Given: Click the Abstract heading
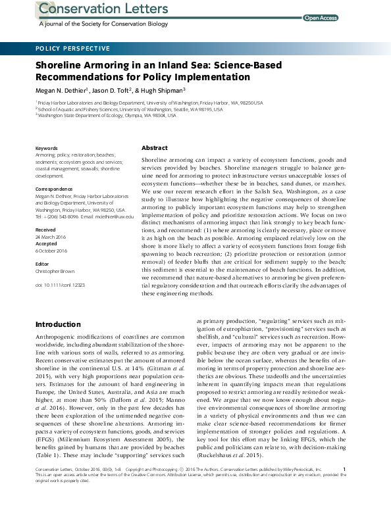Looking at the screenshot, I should [155, 148].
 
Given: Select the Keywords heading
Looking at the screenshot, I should [46, 148].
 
